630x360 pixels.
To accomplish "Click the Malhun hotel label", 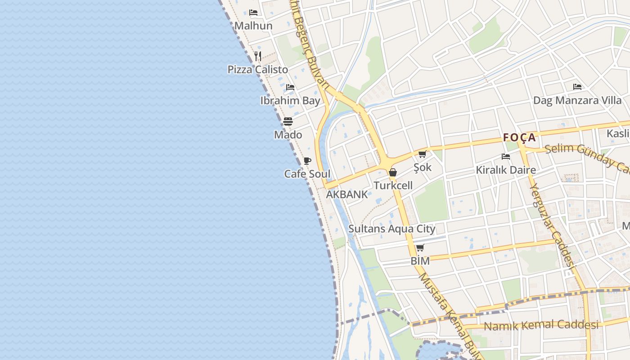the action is [253, 26].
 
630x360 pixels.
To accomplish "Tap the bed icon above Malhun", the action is [253, 12].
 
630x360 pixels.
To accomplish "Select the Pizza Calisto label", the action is [257, 69].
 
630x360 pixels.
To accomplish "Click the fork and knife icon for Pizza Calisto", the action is [258, 56].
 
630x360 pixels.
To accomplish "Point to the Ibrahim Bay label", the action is [290, 100].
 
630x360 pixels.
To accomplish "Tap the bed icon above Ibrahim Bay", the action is [290, 87].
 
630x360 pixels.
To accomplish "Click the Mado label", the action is [288, 135].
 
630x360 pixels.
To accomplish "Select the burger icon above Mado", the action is [288, 121].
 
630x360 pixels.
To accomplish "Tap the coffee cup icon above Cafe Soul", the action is [307, 161].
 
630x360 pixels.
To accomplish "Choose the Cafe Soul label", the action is [307, 174].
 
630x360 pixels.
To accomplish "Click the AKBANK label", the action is [346, 194].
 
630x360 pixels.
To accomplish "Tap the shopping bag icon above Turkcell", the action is [393, 172].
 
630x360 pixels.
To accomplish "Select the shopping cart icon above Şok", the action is [423, 154].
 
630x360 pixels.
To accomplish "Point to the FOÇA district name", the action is [519, 137].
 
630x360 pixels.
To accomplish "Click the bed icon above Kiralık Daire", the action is [506, 157].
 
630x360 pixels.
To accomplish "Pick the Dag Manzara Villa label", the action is [577, 100].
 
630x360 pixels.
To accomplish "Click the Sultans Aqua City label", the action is [392, 229].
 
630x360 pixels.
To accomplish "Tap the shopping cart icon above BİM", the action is [420, 247].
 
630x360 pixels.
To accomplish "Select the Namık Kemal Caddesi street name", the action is [541, 325].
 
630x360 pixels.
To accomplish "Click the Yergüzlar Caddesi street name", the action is [553, 228].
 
